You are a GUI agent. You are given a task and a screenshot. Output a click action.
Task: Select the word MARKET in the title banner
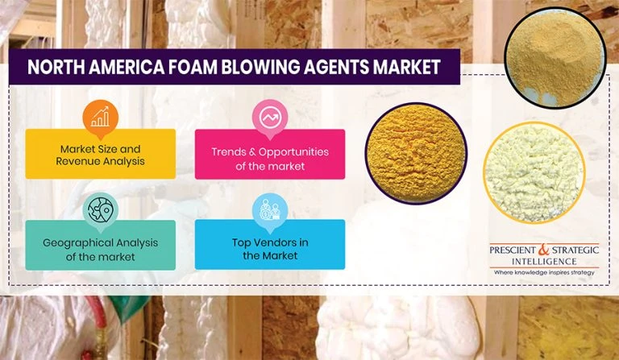pyautogui.click(x=409, y=66)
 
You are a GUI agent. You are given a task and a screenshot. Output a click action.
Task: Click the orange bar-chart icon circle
pyautogui.click(x=100, y=118)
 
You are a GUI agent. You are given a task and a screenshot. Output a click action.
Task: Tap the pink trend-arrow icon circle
pyautogui.click(x=269, y=118)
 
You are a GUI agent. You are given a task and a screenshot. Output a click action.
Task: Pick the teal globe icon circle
pyautogui.click(x=100, y=209)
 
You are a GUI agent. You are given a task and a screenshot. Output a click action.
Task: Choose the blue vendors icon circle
pyautogui.click(x=269, y=209)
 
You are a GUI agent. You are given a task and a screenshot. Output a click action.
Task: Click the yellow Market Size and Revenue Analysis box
pyautogui.click(x=100, y=154)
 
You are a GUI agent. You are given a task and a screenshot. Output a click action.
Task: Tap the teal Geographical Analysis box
pyautogui.click(x=100, y=246)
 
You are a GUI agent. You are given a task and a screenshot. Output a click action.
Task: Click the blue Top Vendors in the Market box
pyautogui.click(x=269, y=246)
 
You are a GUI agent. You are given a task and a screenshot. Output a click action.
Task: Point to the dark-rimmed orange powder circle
pyautogui.click(x=415, y=153)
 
